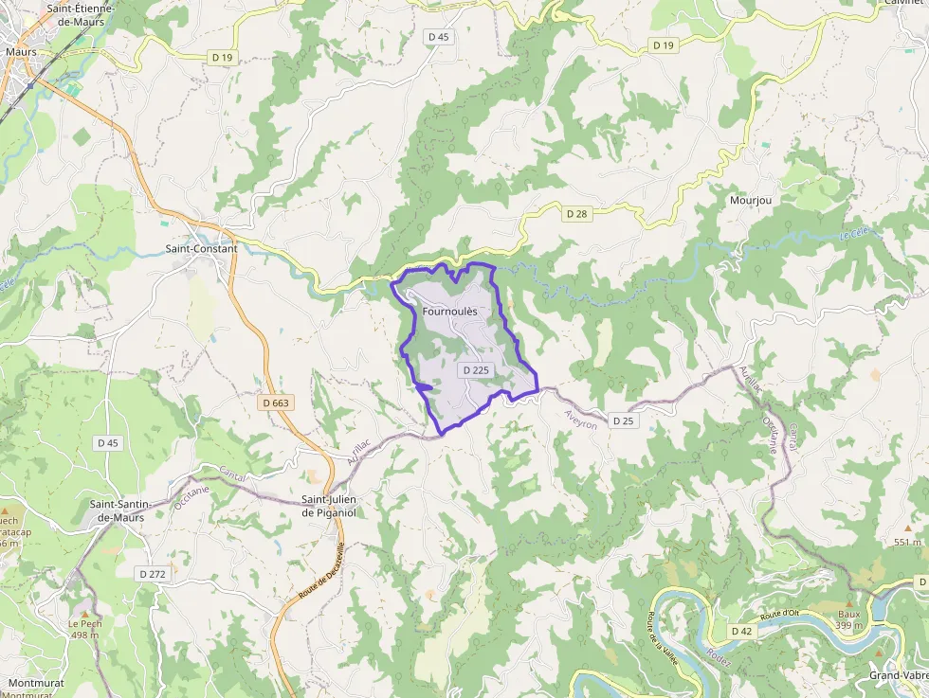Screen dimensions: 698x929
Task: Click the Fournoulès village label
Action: (x=449, y=311)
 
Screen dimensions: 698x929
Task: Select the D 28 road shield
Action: (x=576, y=214)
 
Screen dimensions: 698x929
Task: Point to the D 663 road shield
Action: (x=275, y=403)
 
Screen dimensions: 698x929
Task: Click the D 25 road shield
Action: (x=623, y=421)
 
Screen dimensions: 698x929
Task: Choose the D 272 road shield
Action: (x=152, y=574)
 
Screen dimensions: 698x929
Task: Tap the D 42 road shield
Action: (x=741, y=631)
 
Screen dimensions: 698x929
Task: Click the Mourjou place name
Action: (x=748, y=201)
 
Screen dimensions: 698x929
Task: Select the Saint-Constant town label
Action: (x=200, y=249)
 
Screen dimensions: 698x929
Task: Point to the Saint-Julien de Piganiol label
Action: (x=334, y=507)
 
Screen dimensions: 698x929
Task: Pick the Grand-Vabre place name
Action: (x=898, y=676)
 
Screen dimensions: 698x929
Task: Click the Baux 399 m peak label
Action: (x=848, y=619)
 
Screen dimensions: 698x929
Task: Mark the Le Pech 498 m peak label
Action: (x=84, y=629)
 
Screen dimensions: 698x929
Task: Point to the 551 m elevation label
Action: (x=907, y=542)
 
